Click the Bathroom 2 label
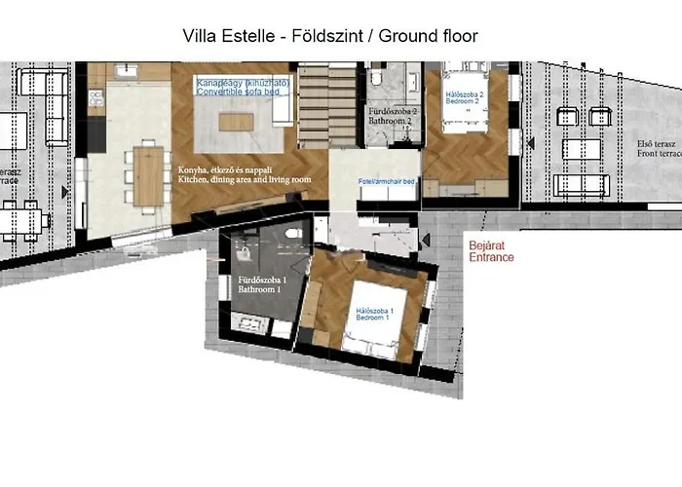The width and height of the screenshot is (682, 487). (x=394, y=118)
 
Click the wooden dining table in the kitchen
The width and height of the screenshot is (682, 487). (x=148, y=175)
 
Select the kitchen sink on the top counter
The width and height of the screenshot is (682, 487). (x=126, y=70)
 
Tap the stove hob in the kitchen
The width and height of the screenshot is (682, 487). (x=95, y=95)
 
